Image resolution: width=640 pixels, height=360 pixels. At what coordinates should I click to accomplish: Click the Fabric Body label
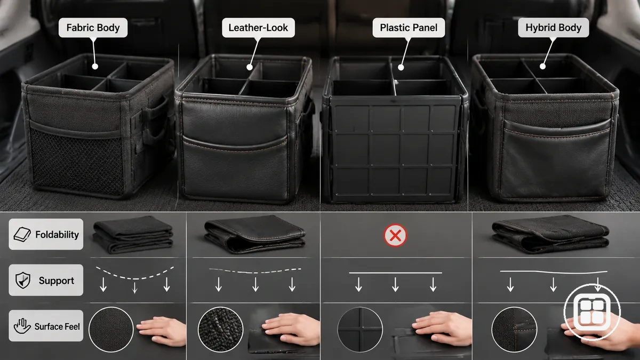(x=93, y=28)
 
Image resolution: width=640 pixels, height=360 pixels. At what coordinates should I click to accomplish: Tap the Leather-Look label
(x=258, y=28)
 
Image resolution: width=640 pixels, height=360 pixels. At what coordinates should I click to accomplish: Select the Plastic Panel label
(x=409, y=28)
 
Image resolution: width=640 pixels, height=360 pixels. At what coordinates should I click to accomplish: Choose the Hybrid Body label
(x=554, y=28)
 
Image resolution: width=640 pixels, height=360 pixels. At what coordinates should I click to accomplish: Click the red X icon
(x=395, y=235)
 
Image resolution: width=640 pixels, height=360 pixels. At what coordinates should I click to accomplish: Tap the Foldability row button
(x=46, y=234)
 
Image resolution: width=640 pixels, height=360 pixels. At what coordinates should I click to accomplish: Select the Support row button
(x=46, y=280)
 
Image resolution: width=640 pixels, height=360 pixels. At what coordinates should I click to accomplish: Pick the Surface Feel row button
(x=46, y=326)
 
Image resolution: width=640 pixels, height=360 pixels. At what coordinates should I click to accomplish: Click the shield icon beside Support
(x=23, y=281)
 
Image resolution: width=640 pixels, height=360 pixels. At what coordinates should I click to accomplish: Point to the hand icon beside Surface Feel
(x=22, y=326)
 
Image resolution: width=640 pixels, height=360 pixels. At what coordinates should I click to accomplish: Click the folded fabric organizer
(x=133, y=235)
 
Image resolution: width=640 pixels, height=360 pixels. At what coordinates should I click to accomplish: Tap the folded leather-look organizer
(x=254, y=234)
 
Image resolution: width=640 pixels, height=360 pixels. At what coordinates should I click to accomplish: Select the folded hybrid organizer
(x=550, y=234)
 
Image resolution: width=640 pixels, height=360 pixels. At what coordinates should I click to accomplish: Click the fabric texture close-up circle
(x=111, y=330)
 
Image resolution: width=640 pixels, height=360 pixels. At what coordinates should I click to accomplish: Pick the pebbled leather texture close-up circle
(x=221, y=330)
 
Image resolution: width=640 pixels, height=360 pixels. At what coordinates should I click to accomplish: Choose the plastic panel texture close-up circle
(x=360, y=330)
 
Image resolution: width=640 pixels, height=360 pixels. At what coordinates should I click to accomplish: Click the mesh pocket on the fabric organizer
(x=77, y=161)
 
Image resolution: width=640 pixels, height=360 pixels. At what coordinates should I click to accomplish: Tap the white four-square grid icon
(x=592, y=312)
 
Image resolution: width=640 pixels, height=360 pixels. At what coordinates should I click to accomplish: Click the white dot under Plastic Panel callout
(x=401, y=68)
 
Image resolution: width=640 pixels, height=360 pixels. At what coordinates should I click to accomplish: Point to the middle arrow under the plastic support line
(x=395, y=285)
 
